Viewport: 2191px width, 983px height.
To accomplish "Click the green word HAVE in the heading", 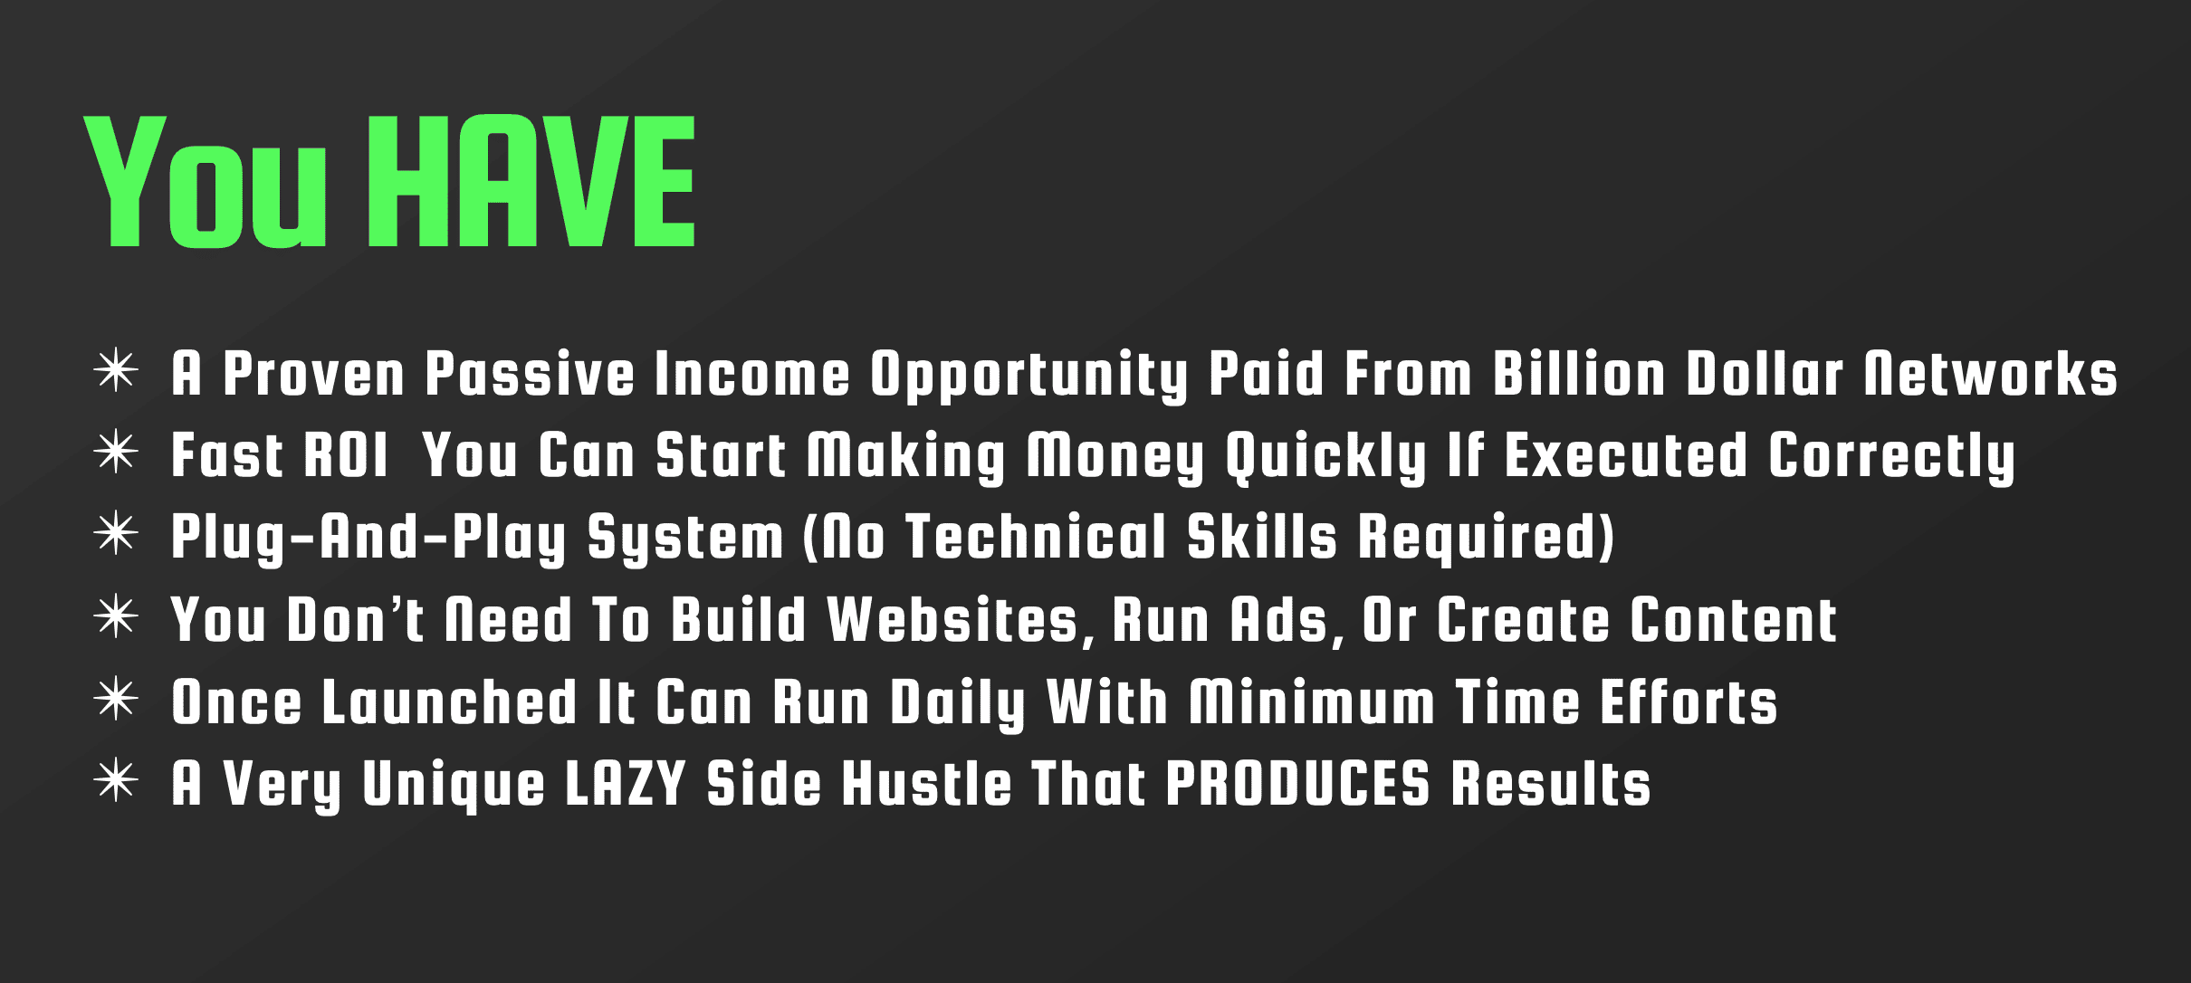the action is (532, 181).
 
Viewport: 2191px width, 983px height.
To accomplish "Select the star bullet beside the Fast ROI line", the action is (116, 453).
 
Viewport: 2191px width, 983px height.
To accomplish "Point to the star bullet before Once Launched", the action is (116, 700).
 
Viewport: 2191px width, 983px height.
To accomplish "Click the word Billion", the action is (1579, 373).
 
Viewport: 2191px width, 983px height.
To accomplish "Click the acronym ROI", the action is (345, 454).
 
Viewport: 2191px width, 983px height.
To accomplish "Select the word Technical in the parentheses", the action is (1037, 536).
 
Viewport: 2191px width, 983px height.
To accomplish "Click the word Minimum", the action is (1312, 701).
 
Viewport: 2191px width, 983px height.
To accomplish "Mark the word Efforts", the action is (1689, 701).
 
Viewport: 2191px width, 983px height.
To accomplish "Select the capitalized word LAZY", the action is (626, 783).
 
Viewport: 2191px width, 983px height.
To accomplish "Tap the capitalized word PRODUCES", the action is (1297, 783).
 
